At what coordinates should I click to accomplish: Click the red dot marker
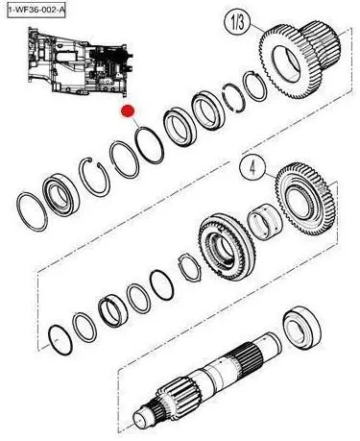128,110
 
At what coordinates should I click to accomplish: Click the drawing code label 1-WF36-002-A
36,10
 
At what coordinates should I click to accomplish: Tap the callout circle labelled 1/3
238,23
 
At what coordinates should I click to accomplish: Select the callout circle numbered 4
252,169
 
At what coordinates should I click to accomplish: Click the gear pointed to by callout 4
304,199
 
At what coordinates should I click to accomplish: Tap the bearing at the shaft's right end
302,328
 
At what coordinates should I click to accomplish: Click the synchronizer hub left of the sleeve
227,246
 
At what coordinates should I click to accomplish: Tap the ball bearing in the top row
60,194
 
